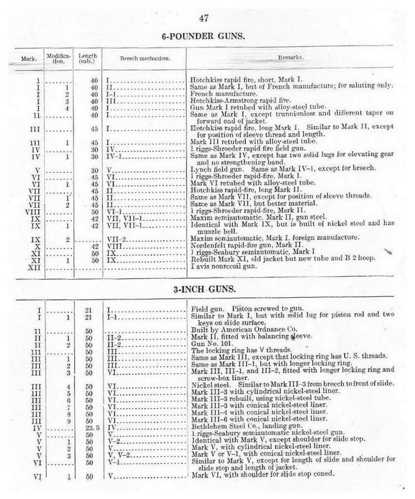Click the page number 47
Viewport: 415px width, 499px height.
coord(204,19)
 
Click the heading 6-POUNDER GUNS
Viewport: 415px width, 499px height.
coord(204,37)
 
